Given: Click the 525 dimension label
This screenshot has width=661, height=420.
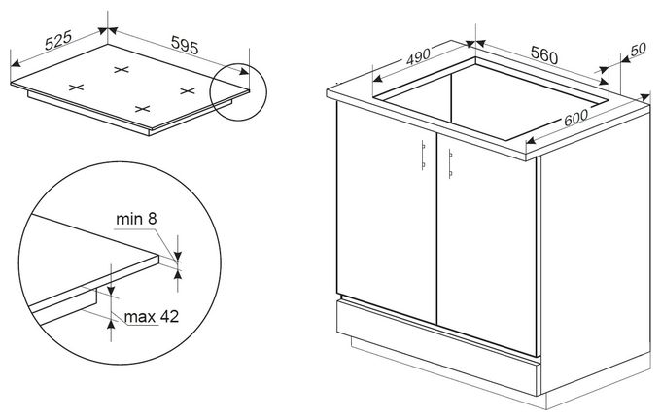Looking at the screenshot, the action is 58,41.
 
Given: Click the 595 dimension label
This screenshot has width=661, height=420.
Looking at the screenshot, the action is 185,45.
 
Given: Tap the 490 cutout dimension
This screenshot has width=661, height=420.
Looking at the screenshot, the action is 418,56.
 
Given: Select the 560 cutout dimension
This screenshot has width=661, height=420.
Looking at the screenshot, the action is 543,54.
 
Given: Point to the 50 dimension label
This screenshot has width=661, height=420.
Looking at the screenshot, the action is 638,49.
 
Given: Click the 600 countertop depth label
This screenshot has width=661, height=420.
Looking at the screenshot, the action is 575,118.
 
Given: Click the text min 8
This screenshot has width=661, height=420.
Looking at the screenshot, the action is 136,219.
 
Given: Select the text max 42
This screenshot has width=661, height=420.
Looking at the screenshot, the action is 152,316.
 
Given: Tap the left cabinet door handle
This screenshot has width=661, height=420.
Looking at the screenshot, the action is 423,155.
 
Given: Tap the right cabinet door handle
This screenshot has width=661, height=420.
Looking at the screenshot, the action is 450,163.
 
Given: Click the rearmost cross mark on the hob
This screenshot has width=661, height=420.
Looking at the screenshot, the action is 122,70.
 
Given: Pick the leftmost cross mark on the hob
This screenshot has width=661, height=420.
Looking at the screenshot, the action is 76,87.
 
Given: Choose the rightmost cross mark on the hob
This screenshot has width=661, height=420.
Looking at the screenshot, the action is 188,90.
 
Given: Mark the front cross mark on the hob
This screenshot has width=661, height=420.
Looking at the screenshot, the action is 143,109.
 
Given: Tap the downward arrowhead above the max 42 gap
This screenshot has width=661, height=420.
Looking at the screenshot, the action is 111,290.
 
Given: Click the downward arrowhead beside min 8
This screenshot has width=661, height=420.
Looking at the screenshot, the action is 178,256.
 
